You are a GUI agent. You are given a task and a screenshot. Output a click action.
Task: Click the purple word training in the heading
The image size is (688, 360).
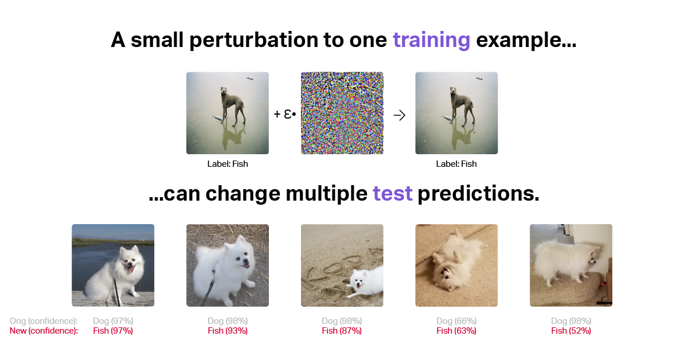432,41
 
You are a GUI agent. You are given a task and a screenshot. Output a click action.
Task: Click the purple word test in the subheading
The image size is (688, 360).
393,194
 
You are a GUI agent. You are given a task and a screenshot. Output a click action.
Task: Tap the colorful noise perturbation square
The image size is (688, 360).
342,113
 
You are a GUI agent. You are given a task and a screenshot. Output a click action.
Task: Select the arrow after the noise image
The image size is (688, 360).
400,115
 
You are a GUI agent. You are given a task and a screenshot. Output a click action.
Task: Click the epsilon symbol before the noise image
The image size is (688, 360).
288,114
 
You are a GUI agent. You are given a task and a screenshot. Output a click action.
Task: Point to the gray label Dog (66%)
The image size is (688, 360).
456,321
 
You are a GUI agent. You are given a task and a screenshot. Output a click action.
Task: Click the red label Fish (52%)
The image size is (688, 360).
571,331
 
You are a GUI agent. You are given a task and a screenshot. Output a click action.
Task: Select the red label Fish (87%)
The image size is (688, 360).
342,331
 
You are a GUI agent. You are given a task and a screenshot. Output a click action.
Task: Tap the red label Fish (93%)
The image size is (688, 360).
228,331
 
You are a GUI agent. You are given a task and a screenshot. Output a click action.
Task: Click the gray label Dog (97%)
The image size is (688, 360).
113,321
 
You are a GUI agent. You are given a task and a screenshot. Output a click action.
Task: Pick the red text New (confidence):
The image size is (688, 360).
44,331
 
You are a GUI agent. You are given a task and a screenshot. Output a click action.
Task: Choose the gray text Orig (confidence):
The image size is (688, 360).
44,321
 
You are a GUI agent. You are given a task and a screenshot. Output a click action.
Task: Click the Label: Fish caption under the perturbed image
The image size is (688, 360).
456,164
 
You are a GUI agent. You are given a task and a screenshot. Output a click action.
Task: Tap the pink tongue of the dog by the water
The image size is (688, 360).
131,269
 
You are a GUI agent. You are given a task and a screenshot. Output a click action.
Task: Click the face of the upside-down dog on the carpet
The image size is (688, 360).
444,274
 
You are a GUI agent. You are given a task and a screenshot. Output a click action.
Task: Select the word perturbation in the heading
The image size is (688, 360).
253,41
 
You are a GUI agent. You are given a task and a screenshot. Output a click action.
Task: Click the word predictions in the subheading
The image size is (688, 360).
478,194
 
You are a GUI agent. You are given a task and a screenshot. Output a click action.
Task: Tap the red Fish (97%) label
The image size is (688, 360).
113,331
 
